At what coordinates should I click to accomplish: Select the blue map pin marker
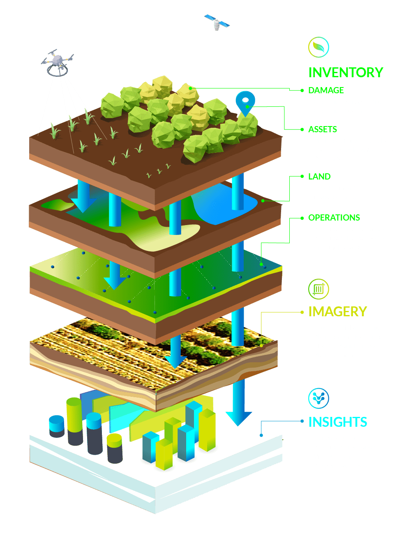click(245, 103)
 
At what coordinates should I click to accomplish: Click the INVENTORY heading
click(346, 72)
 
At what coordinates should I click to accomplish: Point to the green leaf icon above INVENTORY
click(318, 47)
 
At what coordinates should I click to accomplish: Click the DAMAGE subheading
click(326, 90)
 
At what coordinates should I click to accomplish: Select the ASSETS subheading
click(323, 129)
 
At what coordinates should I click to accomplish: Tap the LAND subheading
click(319, 177)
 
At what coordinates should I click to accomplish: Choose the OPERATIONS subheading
click(334, 218)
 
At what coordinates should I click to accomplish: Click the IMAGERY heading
click(337, 312)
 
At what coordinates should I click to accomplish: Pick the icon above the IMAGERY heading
click(318, 290)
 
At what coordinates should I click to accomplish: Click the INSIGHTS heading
click(338, 422)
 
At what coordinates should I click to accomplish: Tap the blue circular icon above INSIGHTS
click(318, 398)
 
